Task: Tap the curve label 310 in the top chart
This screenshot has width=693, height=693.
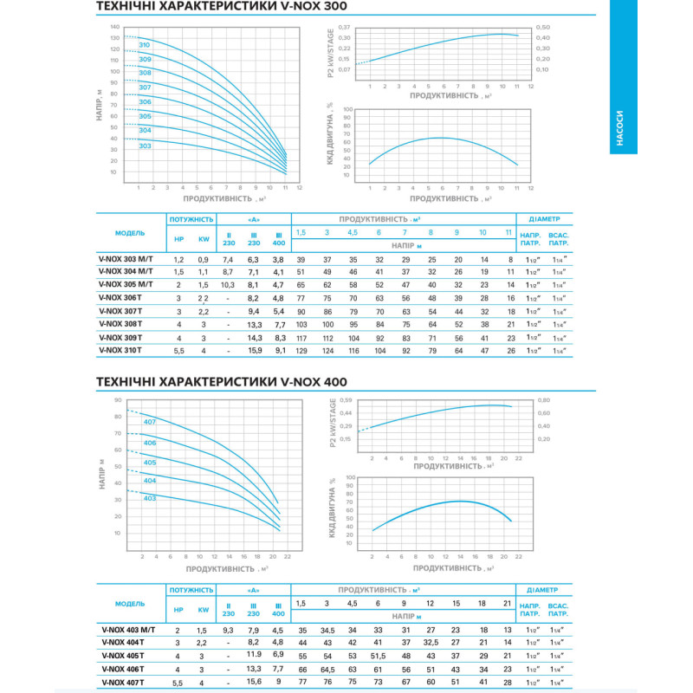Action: pyautogui.click(x=145, y=44)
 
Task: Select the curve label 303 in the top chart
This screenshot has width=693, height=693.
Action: pyautogui.click(x=145, y=146)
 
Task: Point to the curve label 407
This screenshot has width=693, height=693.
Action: pyautogui.click(x=149, y=422)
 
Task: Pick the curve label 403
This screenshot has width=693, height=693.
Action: pyautogui.click(x=149, y=497)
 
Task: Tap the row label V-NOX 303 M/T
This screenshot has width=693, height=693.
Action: pyautogui.click(x=126, y=259)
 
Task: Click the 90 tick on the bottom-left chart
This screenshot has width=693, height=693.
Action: pyautogui.click(x=117, y=401)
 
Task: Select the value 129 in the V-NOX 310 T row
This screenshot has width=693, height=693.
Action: pyautogui.click(x=301, y=350)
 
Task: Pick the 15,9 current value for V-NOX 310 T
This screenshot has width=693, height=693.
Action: pyautogui.click(x=254, y=350)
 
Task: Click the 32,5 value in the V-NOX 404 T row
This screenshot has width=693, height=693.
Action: pyautogui.click(x=430, y=642)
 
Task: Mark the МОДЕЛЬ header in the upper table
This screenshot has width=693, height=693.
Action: pyautogui.click(x=130, y=232)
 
